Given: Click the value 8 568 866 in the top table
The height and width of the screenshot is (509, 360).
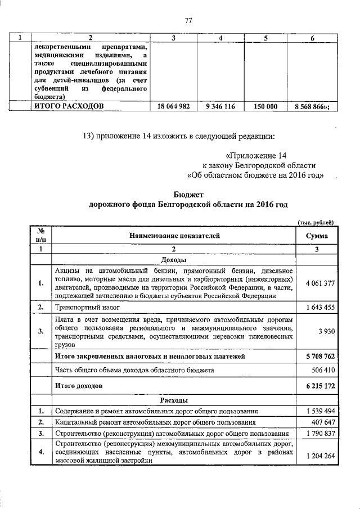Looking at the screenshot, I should pos(311,106).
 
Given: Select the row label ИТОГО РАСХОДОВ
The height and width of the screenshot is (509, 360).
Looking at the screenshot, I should pos(69,106).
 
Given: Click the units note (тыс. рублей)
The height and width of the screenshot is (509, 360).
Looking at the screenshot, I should pos(316,223).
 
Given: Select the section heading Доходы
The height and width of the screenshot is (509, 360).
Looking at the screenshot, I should pos(173,260).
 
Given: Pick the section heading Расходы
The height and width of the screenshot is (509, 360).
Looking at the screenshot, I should pos(173,400).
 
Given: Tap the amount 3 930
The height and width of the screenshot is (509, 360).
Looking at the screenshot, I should pos(326,332).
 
